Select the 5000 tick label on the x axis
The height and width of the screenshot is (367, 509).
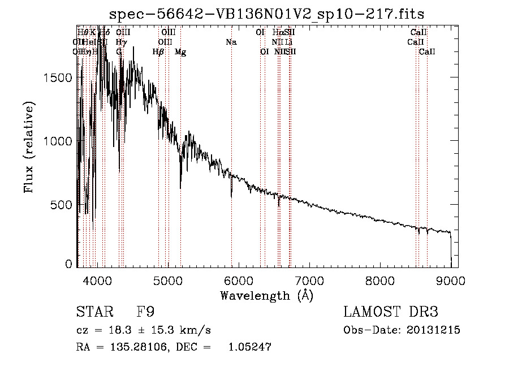(x=168, y=280)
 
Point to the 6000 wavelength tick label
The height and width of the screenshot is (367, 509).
(x=239, y=280)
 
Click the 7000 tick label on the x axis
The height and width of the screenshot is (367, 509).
(x=309, y=280)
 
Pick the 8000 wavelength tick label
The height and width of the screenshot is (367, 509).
(x=380, y=280)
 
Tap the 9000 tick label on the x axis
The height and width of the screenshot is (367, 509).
(x=451, y=280)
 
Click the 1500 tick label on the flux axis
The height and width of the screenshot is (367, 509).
(x=58, y=78)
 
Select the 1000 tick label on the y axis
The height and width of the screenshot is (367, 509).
(x=58, y=141)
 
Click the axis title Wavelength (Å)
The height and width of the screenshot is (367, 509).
(x=266, y=295)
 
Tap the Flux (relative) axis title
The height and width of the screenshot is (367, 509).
(x=29, y=147)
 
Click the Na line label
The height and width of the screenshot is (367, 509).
(x=231, y=42)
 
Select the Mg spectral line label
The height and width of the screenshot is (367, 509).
(x=180, y=52)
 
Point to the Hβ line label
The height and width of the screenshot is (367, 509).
(x=158, y=52)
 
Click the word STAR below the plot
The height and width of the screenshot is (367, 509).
(x=93, y=312)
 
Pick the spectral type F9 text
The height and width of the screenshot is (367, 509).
(x=145, y=312)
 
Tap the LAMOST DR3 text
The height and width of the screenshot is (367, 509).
(x=391, y=312)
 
